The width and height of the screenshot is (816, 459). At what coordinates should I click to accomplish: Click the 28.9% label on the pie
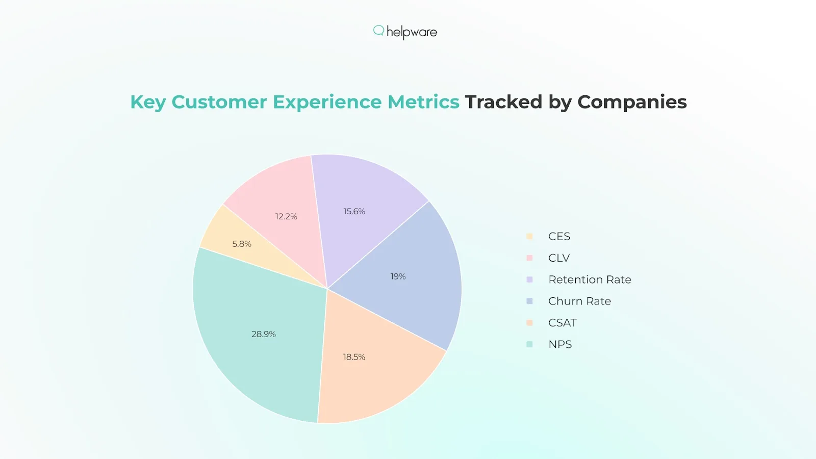[264, 334]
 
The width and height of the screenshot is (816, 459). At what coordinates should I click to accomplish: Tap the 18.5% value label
[354, 357]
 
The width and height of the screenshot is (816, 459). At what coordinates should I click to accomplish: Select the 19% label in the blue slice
[398, 276]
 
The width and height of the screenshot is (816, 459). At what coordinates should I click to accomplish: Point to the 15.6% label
[354, 211]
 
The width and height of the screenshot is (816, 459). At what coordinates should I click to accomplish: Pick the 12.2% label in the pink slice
[286, 216]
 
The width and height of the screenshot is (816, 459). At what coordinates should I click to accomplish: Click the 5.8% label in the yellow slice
[242, 244]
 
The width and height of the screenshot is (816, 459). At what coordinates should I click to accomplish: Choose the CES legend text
[559, 236]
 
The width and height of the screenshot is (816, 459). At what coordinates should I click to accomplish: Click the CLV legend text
[559, 258]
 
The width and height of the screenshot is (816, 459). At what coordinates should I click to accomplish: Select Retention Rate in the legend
[590, 279]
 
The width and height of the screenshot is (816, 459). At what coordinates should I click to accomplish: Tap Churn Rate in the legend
[579, 301]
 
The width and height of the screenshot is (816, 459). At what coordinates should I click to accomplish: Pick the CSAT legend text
[563, 323]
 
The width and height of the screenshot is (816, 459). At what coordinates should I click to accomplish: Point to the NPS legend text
[560, 344]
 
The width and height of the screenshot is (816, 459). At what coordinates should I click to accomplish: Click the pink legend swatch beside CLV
[529, 258]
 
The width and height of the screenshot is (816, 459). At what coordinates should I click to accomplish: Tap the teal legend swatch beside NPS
[529, 344]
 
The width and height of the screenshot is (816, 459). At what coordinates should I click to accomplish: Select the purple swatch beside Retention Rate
[529, 279]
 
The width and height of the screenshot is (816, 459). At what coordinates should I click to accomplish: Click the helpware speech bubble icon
[378, 31]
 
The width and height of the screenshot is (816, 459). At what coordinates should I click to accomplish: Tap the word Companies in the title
[632, 102]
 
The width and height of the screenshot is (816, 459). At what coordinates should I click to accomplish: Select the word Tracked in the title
[503, 102]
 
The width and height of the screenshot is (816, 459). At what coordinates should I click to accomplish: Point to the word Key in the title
[148, 102]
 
